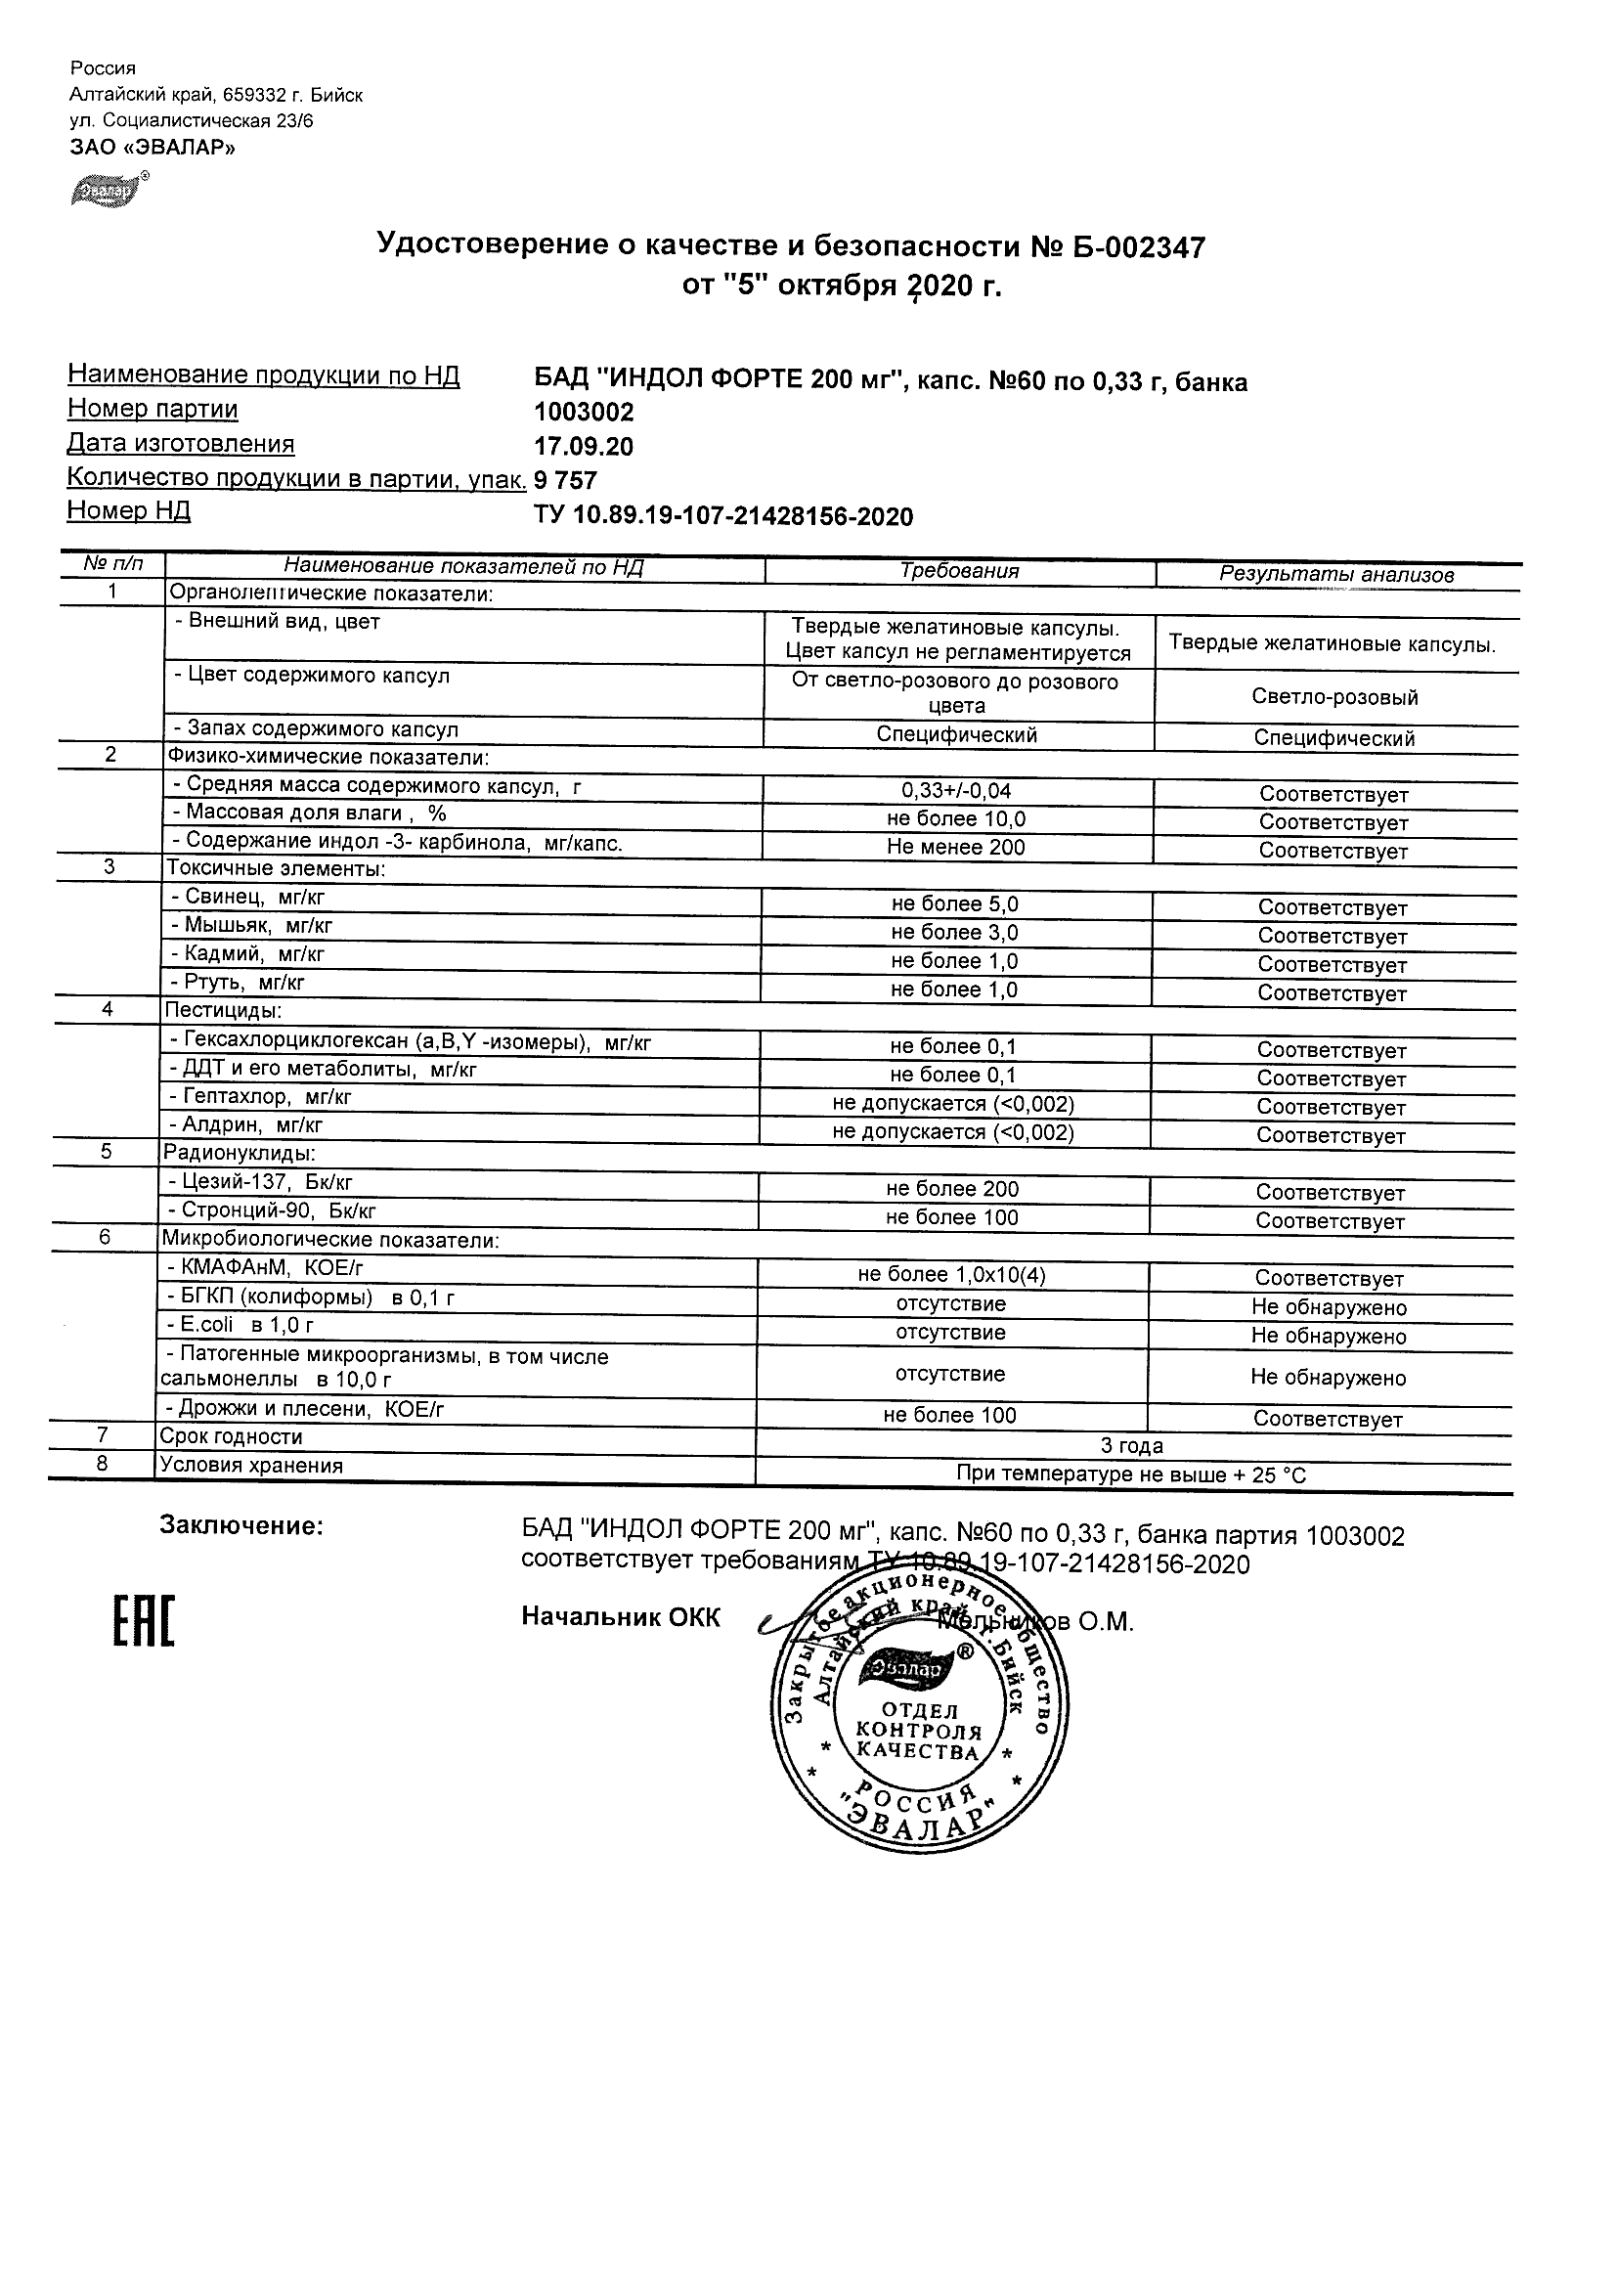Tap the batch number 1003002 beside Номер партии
tap(584, 413)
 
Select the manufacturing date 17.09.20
tap(584, 447)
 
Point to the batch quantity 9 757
tap(566, 480)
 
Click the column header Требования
tap(959, 571)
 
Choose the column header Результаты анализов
tap(1336, 575)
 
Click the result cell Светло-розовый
tap(1334, 697)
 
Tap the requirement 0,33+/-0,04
tap(955, 791)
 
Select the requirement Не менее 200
tap(955, 848)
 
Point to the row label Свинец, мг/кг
tap(255, 897)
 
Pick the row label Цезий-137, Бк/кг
tap(267, 1183)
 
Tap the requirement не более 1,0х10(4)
tap(951, 1275)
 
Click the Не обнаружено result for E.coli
tap(1329, 1337)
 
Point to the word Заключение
tap(241, 1525)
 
